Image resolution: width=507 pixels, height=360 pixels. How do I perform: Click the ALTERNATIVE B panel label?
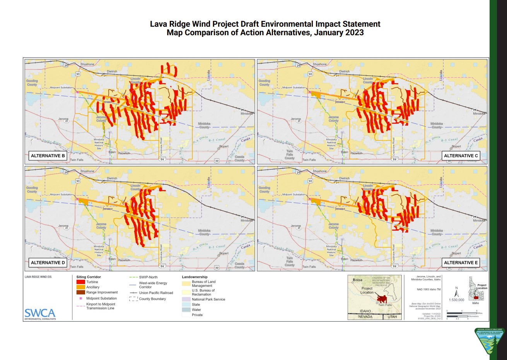coord(48,156)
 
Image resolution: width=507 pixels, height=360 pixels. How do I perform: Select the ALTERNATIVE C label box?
coord(461,156)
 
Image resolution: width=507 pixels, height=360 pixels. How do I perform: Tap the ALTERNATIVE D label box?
coord(48,262)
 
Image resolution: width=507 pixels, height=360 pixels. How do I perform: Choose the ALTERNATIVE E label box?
coord(461,262)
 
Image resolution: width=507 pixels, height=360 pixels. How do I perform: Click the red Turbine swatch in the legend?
coord(80,282)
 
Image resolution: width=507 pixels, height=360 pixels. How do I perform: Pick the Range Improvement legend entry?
coord(102,292)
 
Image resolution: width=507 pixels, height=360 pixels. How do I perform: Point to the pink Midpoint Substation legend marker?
coord(80,298)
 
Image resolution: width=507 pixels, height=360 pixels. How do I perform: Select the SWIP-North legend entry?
coord(148,277)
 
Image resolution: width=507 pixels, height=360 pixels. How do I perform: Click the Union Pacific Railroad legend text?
coord(156,293)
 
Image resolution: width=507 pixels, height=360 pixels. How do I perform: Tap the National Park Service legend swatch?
coord(186,299)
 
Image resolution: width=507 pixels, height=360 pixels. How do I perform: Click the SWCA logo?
coord(40,313)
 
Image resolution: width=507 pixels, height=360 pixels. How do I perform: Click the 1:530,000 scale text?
coord(456,300)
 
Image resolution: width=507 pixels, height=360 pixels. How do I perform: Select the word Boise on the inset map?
coord(358,280)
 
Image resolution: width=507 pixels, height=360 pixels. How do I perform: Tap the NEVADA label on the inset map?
coord(365,317)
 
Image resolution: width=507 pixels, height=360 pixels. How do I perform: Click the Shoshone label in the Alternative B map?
coord(87,64)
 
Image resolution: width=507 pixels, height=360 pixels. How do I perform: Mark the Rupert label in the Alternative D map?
coord(224,254)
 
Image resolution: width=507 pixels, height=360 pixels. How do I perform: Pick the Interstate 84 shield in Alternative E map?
coord(394,266)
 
